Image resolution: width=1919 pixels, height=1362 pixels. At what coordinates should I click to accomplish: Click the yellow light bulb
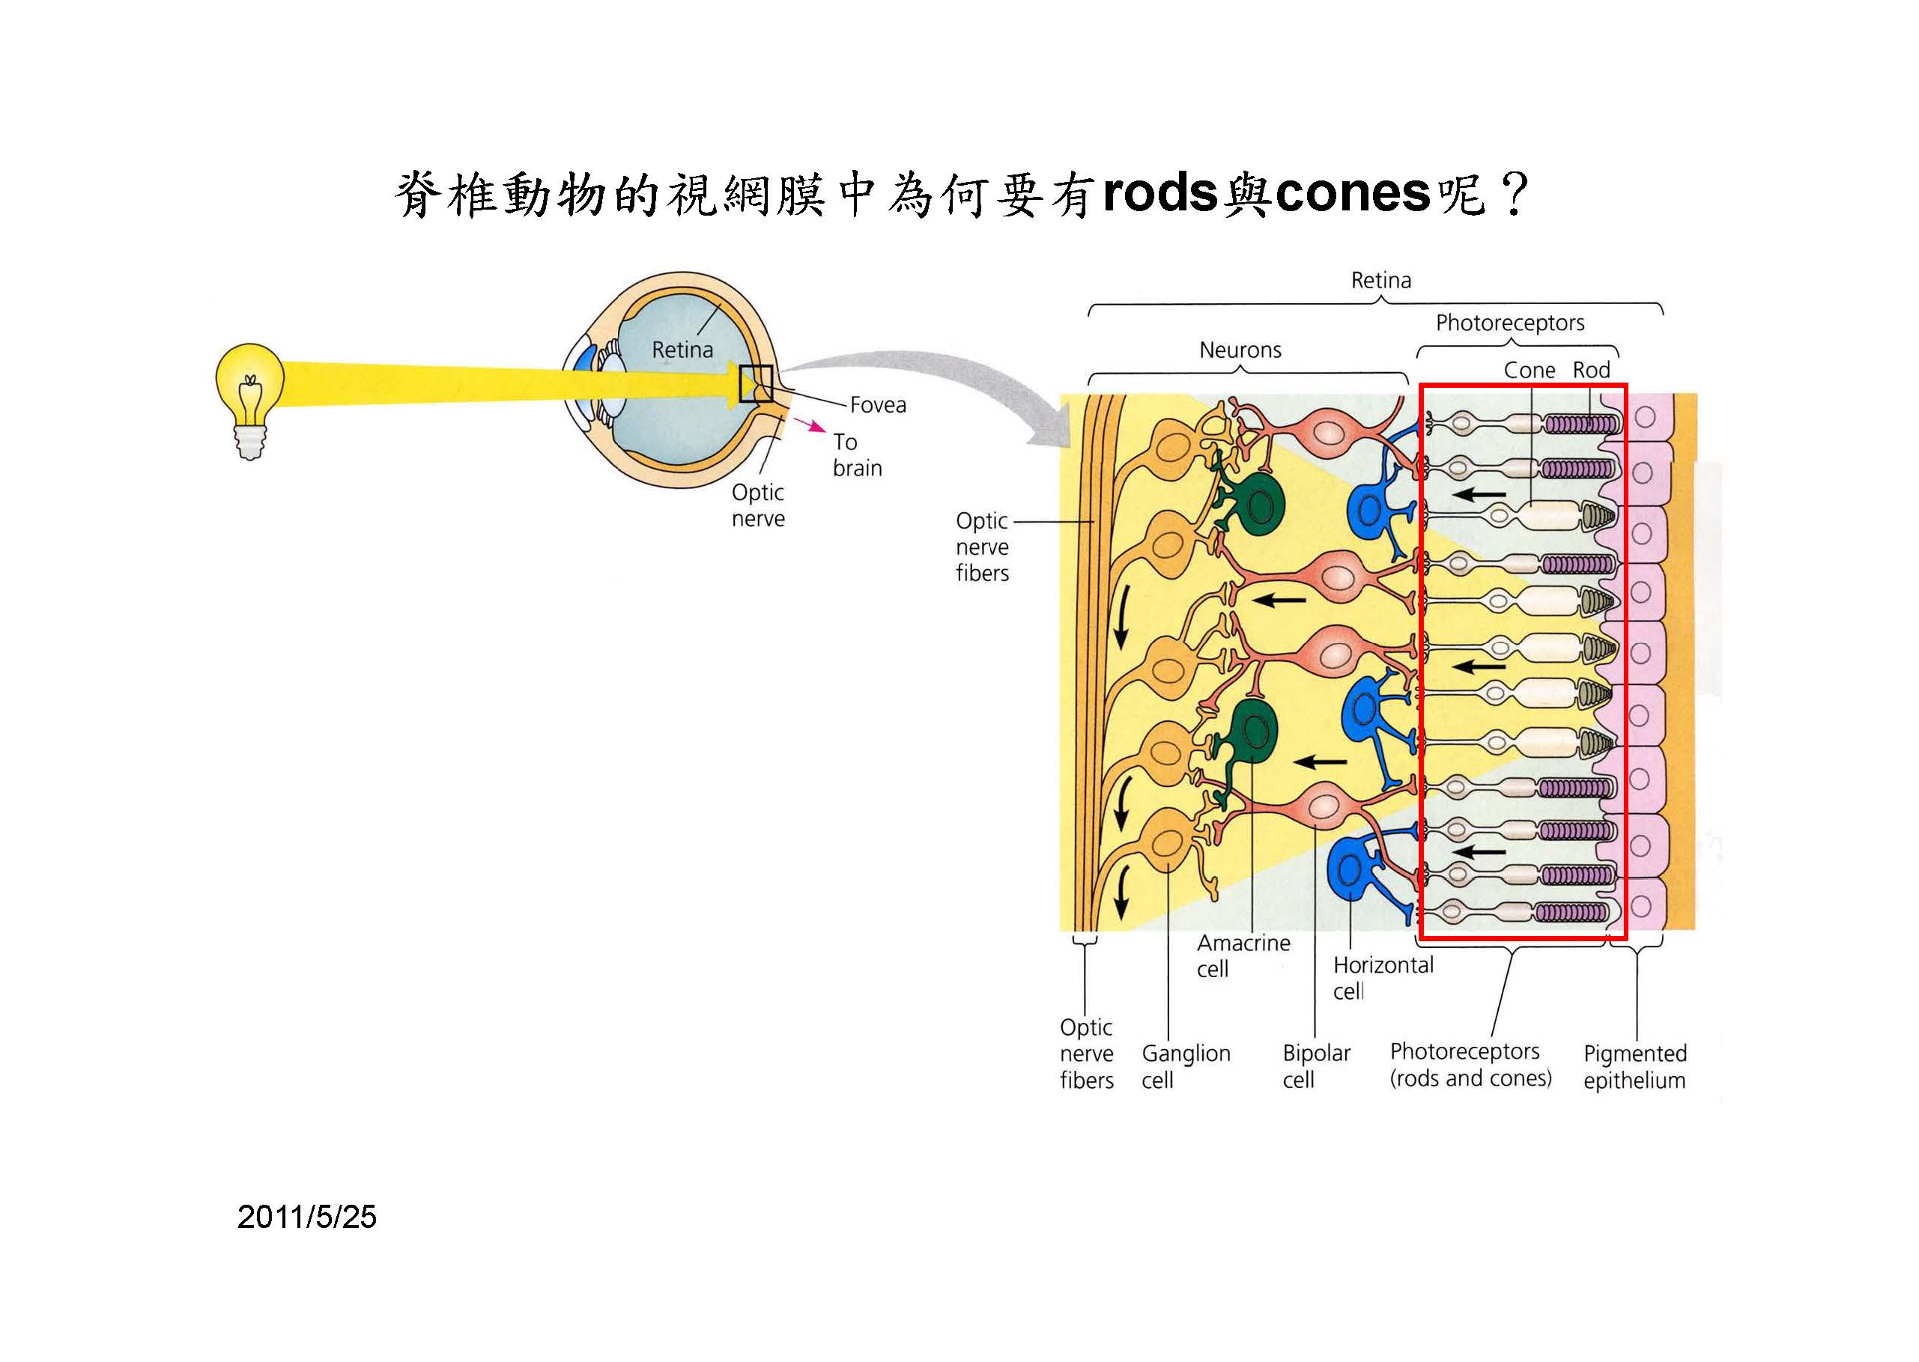click(x=249, y=394)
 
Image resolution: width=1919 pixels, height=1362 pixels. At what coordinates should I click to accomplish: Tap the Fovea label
click(x=877, y=405)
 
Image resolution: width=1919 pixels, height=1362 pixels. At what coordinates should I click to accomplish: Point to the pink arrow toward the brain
click(x=811, y=425)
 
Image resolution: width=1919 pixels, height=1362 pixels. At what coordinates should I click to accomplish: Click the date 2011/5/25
click(x=307, y=1217)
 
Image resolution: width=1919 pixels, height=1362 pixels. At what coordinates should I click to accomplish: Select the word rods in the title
click(x=1160, y=194)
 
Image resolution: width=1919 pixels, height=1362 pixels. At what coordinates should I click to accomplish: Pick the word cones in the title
click(x=1352, y=194)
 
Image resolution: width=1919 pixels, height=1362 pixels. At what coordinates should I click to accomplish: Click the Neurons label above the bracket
click(x=1240, y=350)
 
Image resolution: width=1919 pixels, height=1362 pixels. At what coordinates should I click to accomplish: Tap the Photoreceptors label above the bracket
click(x=1510, y=323)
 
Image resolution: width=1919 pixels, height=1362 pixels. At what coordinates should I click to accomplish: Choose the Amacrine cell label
click(x=1243, y=955)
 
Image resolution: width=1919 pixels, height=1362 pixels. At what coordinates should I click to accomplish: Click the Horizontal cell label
click(x=1383, y=978)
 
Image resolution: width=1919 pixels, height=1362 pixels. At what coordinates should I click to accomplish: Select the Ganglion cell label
click(x=1185, y=1066)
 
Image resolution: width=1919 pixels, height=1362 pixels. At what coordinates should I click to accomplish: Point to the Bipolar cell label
click(x=1316, y=1066)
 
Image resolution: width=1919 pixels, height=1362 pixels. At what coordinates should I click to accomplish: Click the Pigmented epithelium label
click(x=1634, y=1067)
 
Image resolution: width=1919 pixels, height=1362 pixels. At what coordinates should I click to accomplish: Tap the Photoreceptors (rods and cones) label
click(x=1470, y=1064)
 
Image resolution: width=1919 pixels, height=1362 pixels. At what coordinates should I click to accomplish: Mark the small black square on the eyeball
click(x=755, y=384)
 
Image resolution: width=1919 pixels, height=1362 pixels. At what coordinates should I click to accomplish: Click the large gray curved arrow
click(x=939, y=369)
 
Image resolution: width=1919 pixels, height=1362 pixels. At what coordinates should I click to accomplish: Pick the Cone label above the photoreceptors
click(x=1529, y=370)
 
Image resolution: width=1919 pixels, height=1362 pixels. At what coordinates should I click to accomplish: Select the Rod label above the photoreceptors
click(x=1591, y=370)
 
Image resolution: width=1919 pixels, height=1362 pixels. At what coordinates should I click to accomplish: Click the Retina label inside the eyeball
click(x=682, y=350)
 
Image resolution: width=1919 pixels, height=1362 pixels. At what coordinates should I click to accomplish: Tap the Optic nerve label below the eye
click(x=758, y=505)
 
